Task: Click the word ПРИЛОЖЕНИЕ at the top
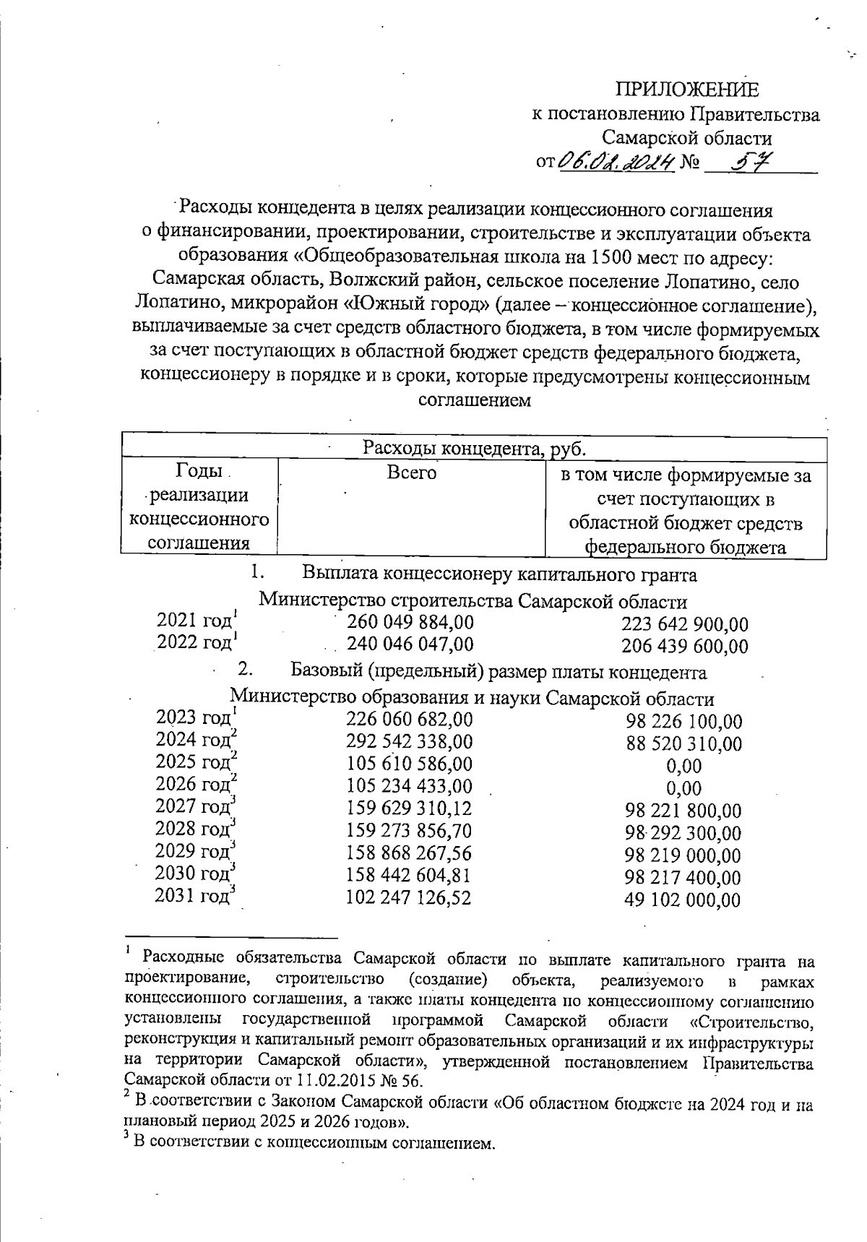[687, 89]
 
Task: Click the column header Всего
[412, 473]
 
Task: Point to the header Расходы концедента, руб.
[474, 448]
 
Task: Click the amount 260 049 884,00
[410, 622]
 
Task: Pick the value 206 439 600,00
[684, 647]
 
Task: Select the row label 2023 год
[193, 717]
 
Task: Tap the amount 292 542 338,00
[410, 741]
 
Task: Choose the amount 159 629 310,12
[409, 808]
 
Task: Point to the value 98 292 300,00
[683, 833]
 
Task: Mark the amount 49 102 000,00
[683, 900]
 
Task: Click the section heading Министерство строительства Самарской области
[473, 601]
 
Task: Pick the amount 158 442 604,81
[409, 876]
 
